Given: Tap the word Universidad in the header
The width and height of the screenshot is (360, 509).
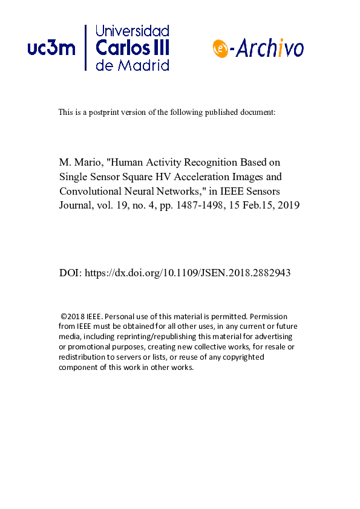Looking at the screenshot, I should [133, 31].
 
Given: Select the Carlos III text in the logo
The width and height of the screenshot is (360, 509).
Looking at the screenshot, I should [133, 48].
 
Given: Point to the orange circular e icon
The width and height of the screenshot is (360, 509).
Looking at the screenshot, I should [220, 49].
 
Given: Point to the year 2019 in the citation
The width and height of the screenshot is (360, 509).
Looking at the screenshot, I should [280, 204].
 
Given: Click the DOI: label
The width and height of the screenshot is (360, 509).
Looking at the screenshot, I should [70, 273].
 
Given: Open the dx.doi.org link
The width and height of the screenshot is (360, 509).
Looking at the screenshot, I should [188, 273].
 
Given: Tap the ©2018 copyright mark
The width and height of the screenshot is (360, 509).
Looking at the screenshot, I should [73, 316].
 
